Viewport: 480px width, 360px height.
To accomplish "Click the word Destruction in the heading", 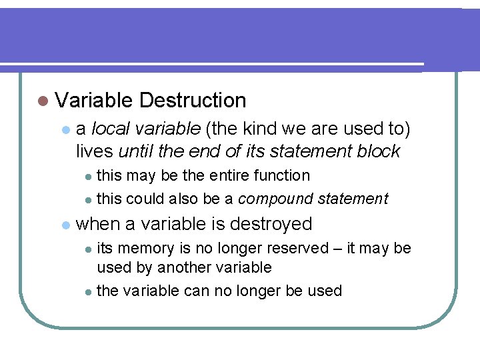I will click(x=193, y=101).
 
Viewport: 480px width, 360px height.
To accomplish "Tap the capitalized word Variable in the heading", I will click(x=94, y=101).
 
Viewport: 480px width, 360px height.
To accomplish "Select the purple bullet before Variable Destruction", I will click(x=43, y=101).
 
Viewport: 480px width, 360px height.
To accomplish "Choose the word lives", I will click(x=93, y=151).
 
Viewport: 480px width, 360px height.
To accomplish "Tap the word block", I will click(x=377, y=151).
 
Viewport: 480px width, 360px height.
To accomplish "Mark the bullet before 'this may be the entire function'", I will click(x=89, y=177).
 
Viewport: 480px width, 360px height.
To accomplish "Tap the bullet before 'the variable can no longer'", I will click(x=89, y=291).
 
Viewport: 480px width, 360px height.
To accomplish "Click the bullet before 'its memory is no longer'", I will click(x=89, y=249).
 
